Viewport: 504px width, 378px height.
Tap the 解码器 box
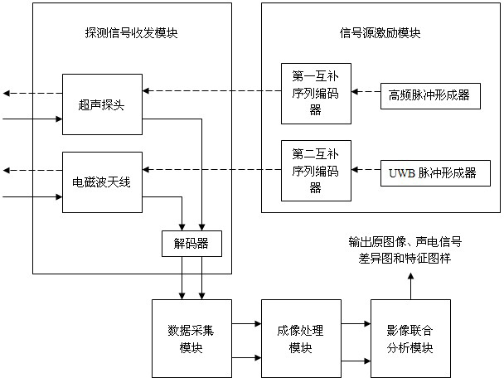click(191, 243)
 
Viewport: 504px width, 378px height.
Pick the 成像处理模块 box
click(295, 338)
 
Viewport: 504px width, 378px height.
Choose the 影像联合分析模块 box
click(410, 338)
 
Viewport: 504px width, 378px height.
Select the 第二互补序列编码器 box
click(315, 171)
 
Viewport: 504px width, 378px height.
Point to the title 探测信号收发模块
click(131, 34)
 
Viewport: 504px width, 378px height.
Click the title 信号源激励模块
click(380, 34)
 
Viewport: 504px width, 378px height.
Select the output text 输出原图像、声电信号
click(405, 241)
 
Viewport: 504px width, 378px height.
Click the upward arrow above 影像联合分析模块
click(410, 283)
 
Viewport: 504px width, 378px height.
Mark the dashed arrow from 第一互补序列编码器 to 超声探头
click(211, 90)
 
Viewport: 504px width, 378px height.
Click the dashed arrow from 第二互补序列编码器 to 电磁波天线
click(211, 170)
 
